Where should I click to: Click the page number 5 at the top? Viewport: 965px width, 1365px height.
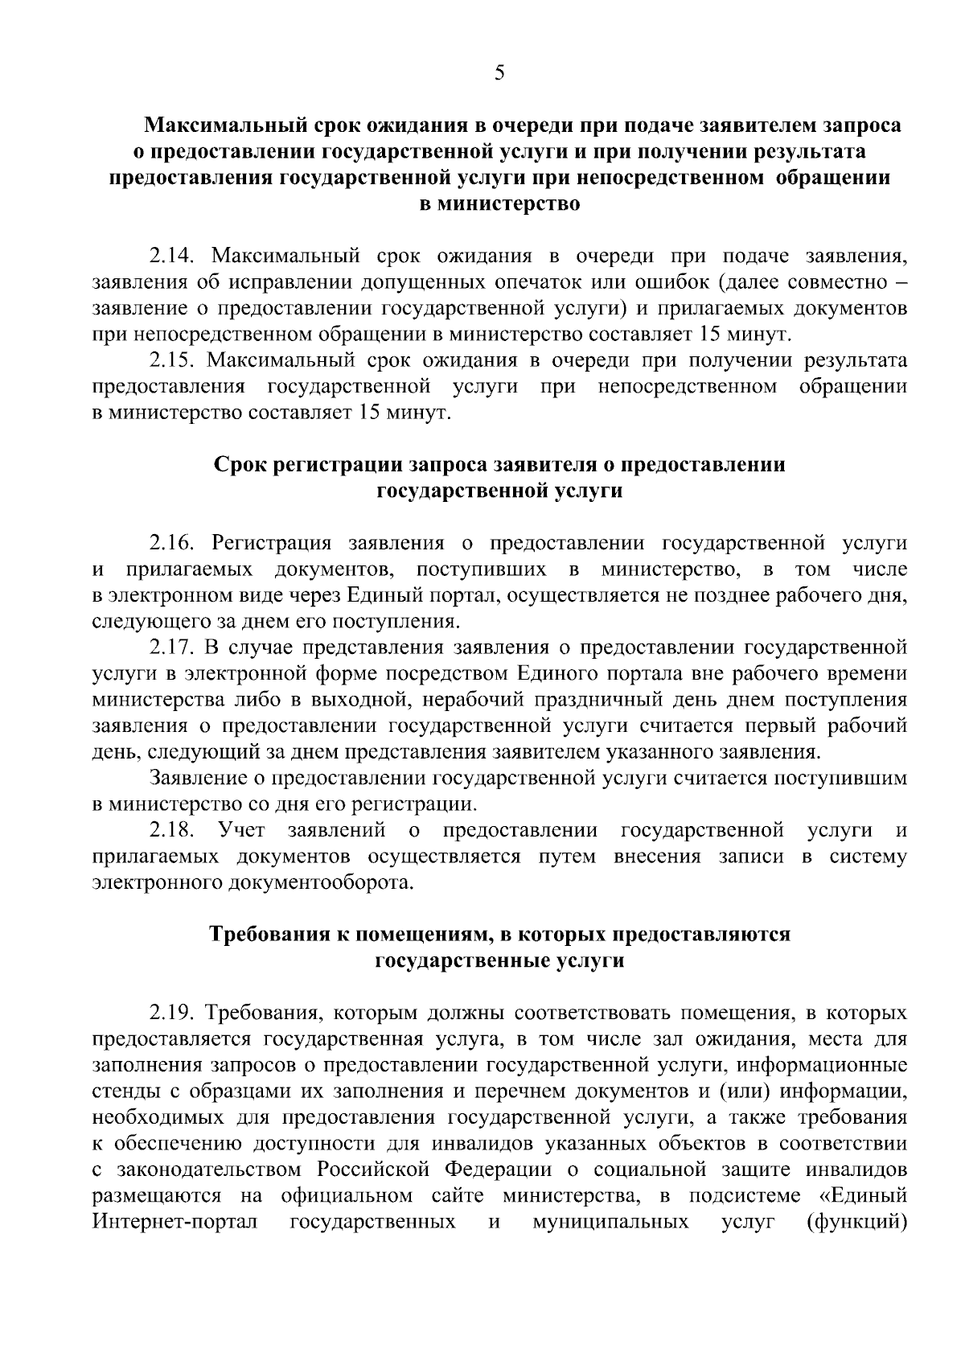click(499, 74)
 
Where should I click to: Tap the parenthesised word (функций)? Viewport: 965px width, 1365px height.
click(856, 1223)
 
